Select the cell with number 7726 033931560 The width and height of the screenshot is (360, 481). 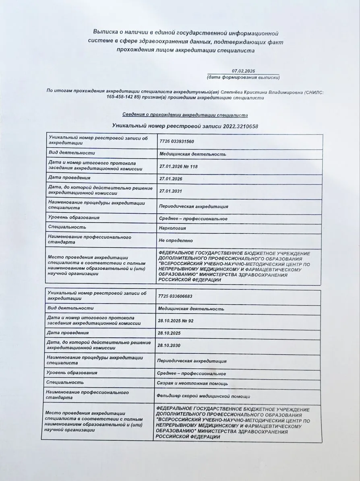pyautogui.click(x=177, y=142)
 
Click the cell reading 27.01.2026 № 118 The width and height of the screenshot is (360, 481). pyautogui.click(x=179, y=166)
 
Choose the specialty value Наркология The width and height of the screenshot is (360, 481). pyautogui.click(x=172, y=228)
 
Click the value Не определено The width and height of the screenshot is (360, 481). pyautogui.click(x=176, y=241)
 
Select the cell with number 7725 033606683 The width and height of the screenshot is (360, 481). pyautogui.click(x=175, y=296)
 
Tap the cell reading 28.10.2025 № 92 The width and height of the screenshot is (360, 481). pyautogui.click(x=176, y=321)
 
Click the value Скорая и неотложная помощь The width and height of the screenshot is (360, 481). pyautogui.click(x=192, y=384)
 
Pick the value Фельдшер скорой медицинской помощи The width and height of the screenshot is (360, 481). pyautogui.click(x=203, y=396)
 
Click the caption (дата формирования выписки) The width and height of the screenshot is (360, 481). pyautogui.click(x=243, y=77)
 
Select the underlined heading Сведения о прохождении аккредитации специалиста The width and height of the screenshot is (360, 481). pyautogui.click(x=185, y=115)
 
